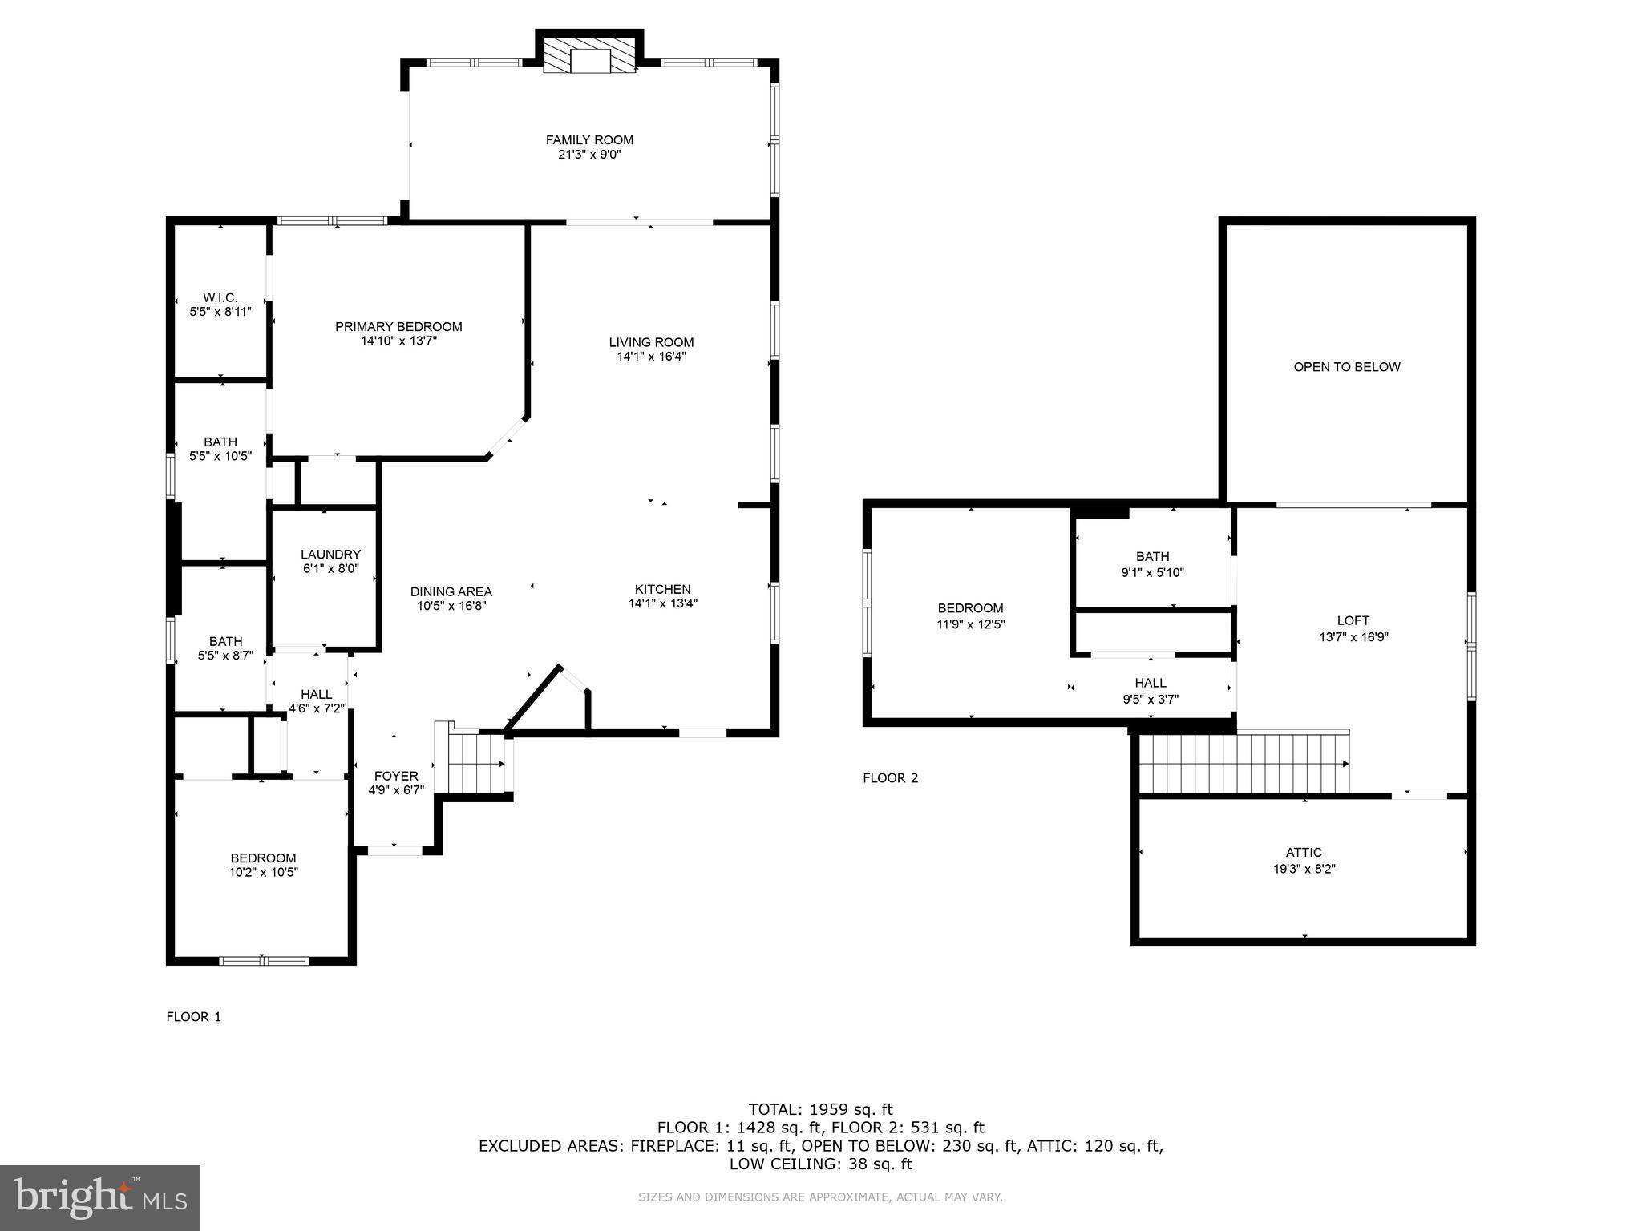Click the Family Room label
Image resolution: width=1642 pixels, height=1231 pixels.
tap(589, 140)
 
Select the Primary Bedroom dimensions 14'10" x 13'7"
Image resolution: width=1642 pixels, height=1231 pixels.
tap(398, 341)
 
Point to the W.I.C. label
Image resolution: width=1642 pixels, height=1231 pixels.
tap(220, 298)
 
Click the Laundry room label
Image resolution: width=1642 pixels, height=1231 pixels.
tap(330, 555)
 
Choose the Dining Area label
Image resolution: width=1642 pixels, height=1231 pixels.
tap(451, 592)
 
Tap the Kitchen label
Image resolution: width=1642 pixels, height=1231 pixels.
tap(662, 589)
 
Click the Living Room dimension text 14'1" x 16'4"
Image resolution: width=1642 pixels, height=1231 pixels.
tap(651, 357)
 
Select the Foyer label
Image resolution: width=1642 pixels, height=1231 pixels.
tap(396, 776)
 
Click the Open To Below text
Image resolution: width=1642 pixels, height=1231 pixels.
tap(1346, 367)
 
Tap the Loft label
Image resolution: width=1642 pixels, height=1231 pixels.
tap(1353, 620)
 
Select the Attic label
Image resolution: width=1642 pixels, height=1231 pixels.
tap(1304, 852)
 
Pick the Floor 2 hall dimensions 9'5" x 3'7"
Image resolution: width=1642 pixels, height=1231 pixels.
tap(1151, 699)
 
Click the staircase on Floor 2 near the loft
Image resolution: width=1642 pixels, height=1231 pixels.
tap(1243, 764)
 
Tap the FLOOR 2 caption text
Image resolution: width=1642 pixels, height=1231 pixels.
tap(890, 777)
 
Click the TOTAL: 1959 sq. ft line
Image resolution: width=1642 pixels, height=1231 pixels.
tap(820, 1110)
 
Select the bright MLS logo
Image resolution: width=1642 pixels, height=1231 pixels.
tap(100, 1198)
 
